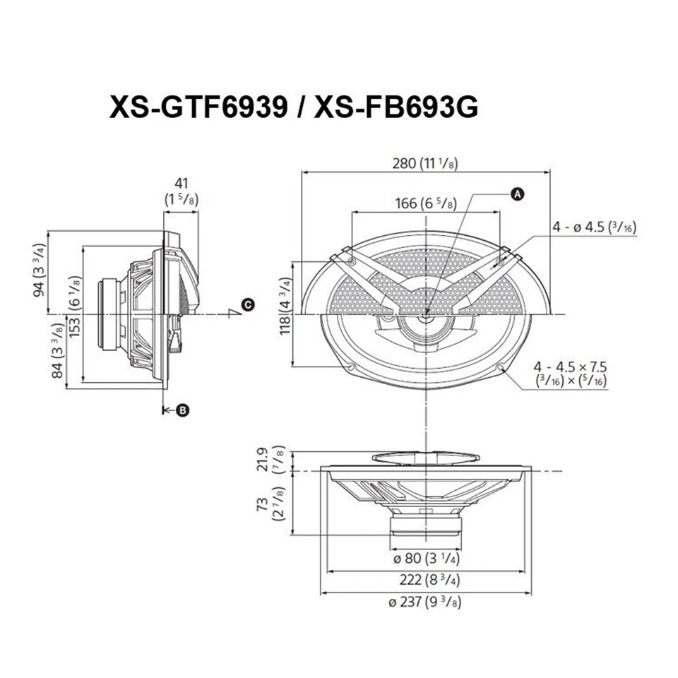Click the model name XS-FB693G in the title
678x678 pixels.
396,107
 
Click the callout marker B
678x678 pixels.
182,410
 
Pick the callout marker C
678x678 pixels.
246,304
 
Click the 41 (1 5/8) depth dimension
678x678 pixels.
182,191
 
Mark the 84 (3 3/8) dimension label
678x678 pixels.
59,351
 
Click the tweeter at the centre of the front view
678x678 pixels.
426,315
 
